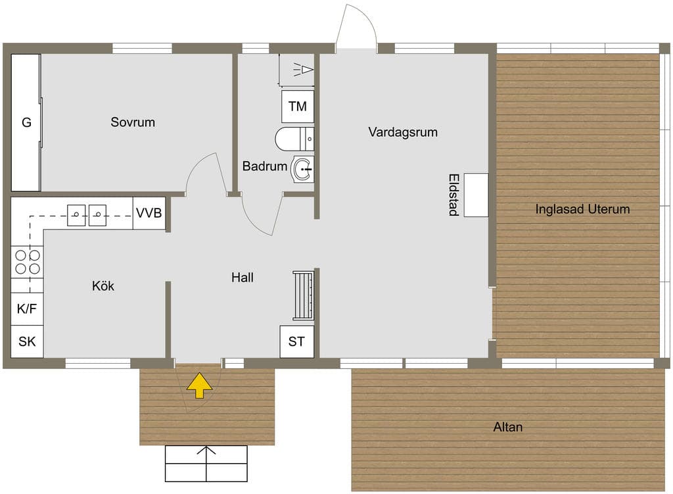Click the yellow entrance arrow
point(199,385)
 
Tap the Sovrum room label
point(133,122)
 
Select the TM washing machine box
point(298,106)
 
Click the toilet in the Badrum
point(294,139)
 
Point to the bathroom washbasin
point(302,169)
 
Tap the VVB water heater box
point(149,213)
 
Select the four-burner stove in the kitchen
point(27,262)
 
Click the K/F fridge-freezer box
point(27,309)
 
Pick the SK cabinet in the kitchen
point(27,341)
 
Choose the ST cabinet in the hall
point(296,341)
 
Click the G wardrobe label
point(26,123)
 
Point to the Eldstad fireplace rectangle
point(476,195)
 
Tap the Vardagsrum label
point(403,132)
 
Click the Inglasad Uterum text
point(582,209)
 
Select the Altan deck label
point(508,427)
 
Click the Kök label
point(103,285)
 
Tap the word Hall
point(243,278)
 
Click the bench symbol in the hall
point(304,295)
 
